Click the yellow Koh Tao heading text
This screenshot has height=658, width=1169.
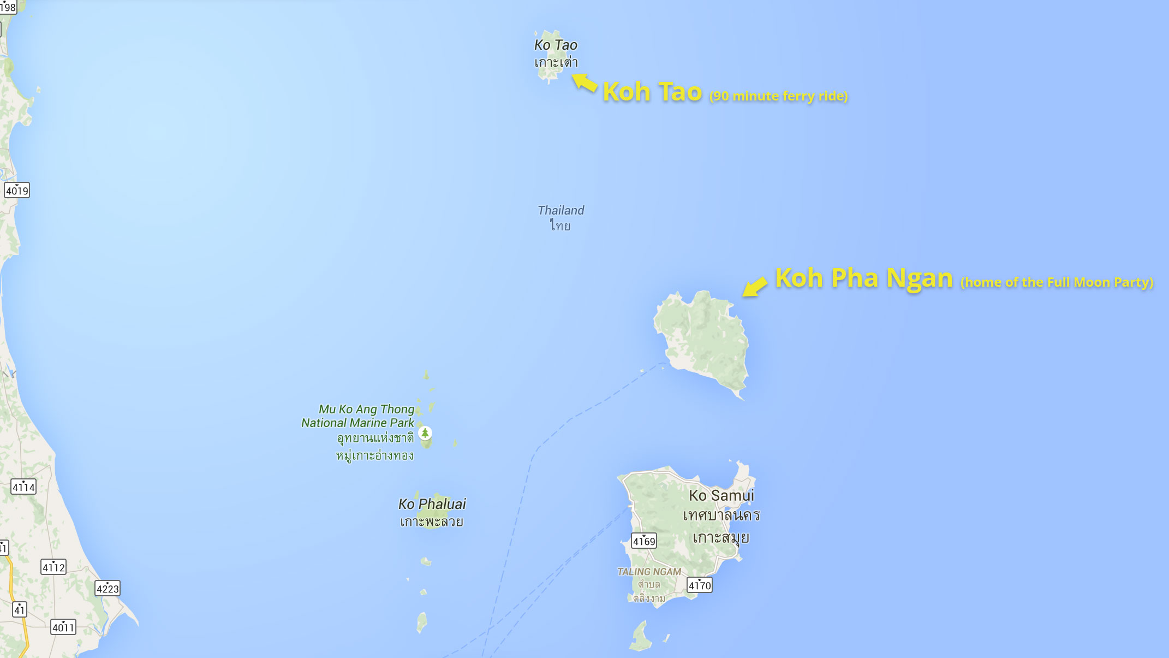(x=652, y=92)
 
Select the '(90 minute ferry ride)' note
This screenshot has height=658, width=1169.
(x=778, y=96)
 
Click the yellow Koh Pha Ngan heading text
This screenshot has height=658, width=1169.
(x=863, y=278)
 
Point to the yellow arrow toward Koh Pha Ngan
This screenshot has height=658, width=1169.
(x=755, y=286)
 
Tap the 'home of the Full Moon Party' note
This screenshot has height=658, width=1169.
(x=1057, y=282)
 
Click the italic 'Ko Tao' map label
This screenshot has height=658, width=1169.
(x=556, y=45)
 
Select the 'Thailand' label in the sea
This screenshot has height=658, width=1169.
(x=560, y=210)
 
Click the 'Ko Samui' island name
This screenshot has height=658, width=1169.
(x=721, y=495)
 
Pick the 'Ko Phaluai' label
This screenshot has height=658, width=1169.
(x=432, y=504)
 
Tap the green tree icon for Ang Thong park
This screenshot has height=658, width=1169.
(x=425, y=433)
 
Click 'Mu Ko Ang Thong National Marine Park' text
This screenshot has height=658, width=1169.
(x=359, y=416)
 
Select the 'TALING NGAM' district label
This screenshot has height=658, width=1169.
(x=649, y=572)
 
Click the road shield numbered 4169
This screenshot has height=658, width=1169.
(x=644, y=541)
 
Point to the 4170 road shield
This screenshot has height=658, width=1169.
(x=700, y=585)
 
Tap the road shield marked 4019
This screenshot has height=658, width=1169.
(x=17, y=191)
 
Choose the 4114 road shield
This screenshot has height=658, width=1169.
(x=23, y=487)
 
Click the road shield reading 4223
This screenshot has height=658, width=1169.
(x=108, y=589)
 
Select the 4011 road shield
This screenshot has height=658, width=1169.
(x=63, y=627)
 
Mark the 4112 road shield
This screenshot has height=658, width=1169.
(x=53, y=567)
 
